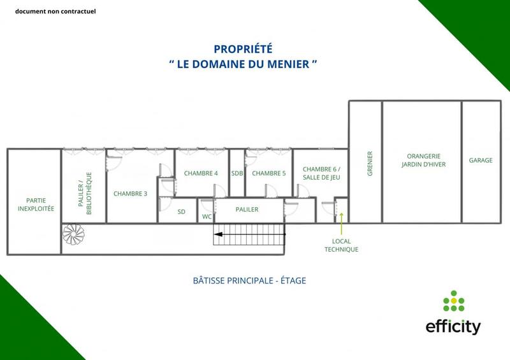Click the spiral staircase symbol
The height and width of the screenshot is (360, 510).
click(73, 236)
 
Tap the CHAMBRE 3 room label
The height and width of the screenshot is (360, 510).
click(131, 194)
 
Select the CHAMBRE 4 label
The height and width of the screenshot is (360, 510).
click(201, 173)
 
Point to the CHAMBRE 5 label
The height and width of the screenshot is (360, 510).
click(268, 173)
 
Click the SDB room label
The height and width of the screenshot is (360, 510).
click(237, 173)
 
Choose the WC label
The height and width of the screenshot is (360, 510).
click(207, 217)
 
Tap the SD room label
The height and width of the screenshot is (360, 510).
click(181, 212)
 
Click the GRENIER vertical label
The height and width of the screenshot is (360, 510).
click(370, 163)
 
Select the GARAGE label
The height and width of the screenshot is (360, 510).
click(481, 161)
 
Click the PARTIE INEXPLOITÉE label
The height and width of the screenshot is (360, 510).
click(36, 205)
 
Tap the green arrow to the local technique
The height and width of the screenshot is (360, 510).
click(342, 224)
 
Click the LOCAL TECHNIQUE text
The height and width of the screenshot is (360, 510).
click(342, 245)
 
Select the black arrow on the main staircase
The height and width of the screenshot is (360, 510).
click(220, 234)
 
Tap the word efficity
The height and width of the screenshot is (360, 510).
click(453, 327)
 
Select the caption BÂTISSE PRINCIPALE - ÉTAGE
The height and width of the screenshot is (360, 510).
click(249, 280)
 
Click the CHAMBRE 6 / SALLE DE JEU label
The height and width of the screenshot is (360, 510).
click(317, 173)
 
